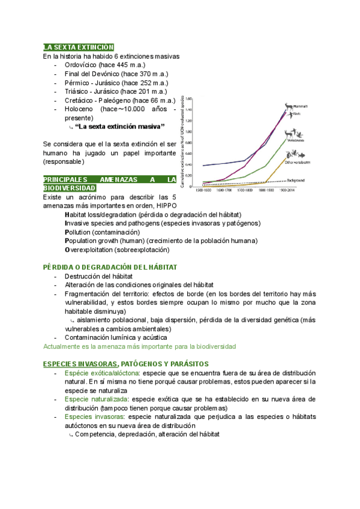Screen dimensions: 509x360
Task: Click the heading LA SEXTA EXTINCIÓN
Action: click(79, 47)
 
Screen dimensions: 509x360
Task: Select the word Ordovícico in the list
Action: click(81, 65)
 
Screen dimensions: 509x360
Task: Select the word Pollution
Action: click(81, 232)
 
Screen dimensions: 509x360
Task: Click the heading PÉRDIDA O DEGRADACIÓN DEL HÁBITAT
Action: click(113, 267)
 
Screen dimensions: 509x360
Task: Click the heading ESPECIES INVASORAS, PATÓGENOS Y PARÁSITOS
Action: click(125, 364)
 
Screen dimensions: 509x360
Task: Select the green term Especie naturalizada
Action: click(96, 399)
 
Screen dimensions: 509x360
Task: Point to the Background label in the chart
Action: click(296, 180)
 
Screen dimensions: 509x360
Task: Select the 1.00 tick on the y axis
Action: click(188, 131)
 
